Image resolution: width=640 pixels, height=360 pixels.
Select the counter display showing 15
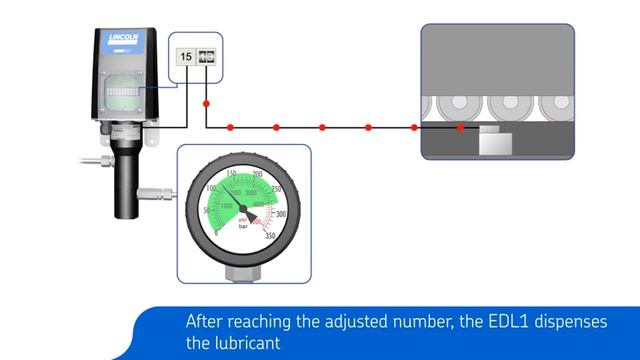tap(186, 56)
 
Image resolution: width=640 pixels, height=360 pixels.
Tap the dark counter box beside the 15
tap(208, 56)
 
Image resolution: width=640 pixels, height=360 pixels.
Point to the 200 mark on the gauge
tap(258, 177)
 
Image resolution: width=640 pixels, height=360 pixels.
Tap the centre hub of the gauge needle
tap(243, 208)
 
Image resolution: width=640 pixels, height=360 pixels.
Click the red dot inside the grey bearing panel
tap(460, 128)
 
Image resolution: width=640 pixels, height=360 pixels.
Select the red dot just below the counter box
tap(206, 103)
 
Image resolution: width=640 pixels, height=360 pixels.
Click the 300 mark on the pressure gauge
tap(280, 214)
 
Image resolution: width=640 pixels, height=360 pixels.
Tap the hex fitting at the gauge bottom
tap(243, 272)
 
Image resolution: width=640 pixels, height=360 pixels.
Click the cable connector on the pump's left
tap(94, 158)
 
